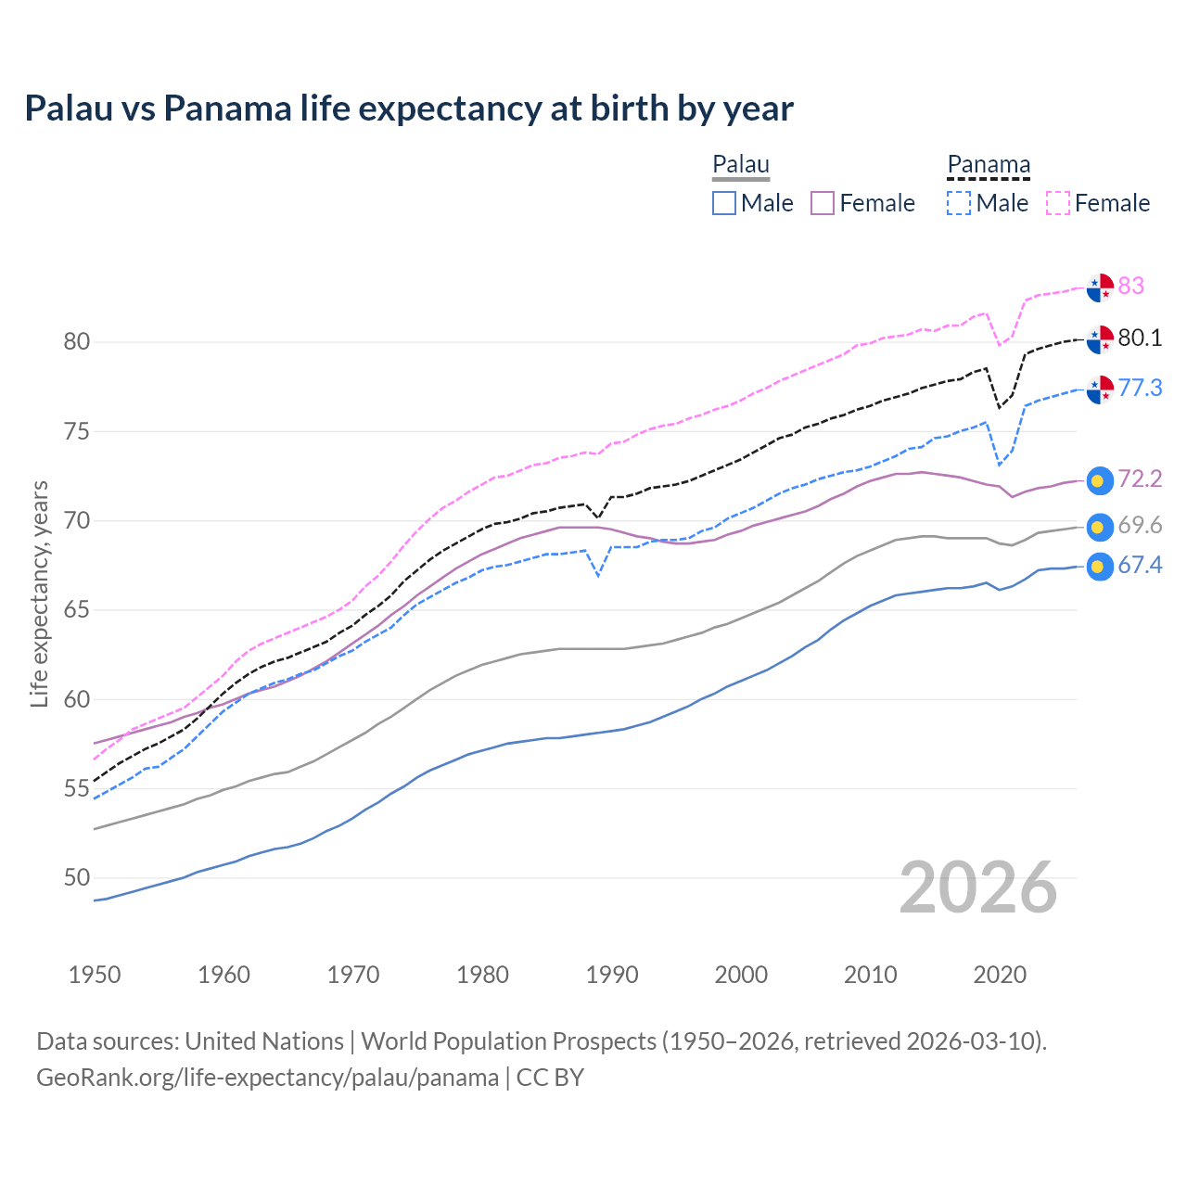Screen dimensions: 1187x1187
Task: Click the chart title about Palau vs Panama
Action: pos(409,108)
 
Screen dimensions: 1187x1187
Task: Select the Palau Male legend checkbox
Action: pos(724,203)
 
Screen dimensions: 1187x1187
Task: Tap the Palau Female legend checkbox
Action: pos(823,203)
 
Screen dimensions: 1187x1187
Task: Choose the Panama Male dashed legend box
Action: pos(959,203)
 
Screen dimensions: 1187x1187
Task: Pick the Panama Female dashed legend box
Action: pos(1058,203)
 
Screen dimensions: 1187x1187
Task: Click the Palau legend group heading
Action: pos(741,165)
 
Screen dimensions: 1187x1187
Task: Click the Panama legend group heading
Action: pos(989,165)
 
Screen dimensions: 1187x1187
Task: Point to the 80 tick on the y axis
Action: pos(77,341)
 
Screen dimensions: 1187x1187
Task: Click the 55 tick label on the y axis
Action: pos(77,789)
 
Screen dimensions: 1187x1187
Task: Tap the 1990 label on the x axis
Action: pos(612,975)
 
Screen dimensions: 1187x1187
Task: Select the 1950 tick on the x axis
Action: pos(95,975)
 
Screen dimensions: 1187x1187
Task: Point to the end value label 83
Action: pos(1131,286)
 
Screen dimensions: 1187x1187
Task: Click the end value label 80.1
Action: pos(1140,338)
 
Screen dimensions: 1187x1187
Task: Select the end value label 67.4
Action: pos(1140,566)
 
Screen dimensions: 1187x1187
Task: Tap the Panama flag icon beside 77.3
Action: pos(1100,389)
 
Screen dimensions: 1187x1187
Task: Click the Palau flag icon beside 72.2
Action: pos(1100,480)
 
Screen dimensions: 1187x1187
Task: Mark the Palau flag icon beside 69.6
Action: pos(1100,527)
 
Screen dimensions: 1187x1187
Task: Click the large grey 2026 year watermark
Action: pos(978,887)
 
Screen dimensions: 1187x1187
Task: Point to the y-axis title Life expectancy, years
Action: pos(39,593)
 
